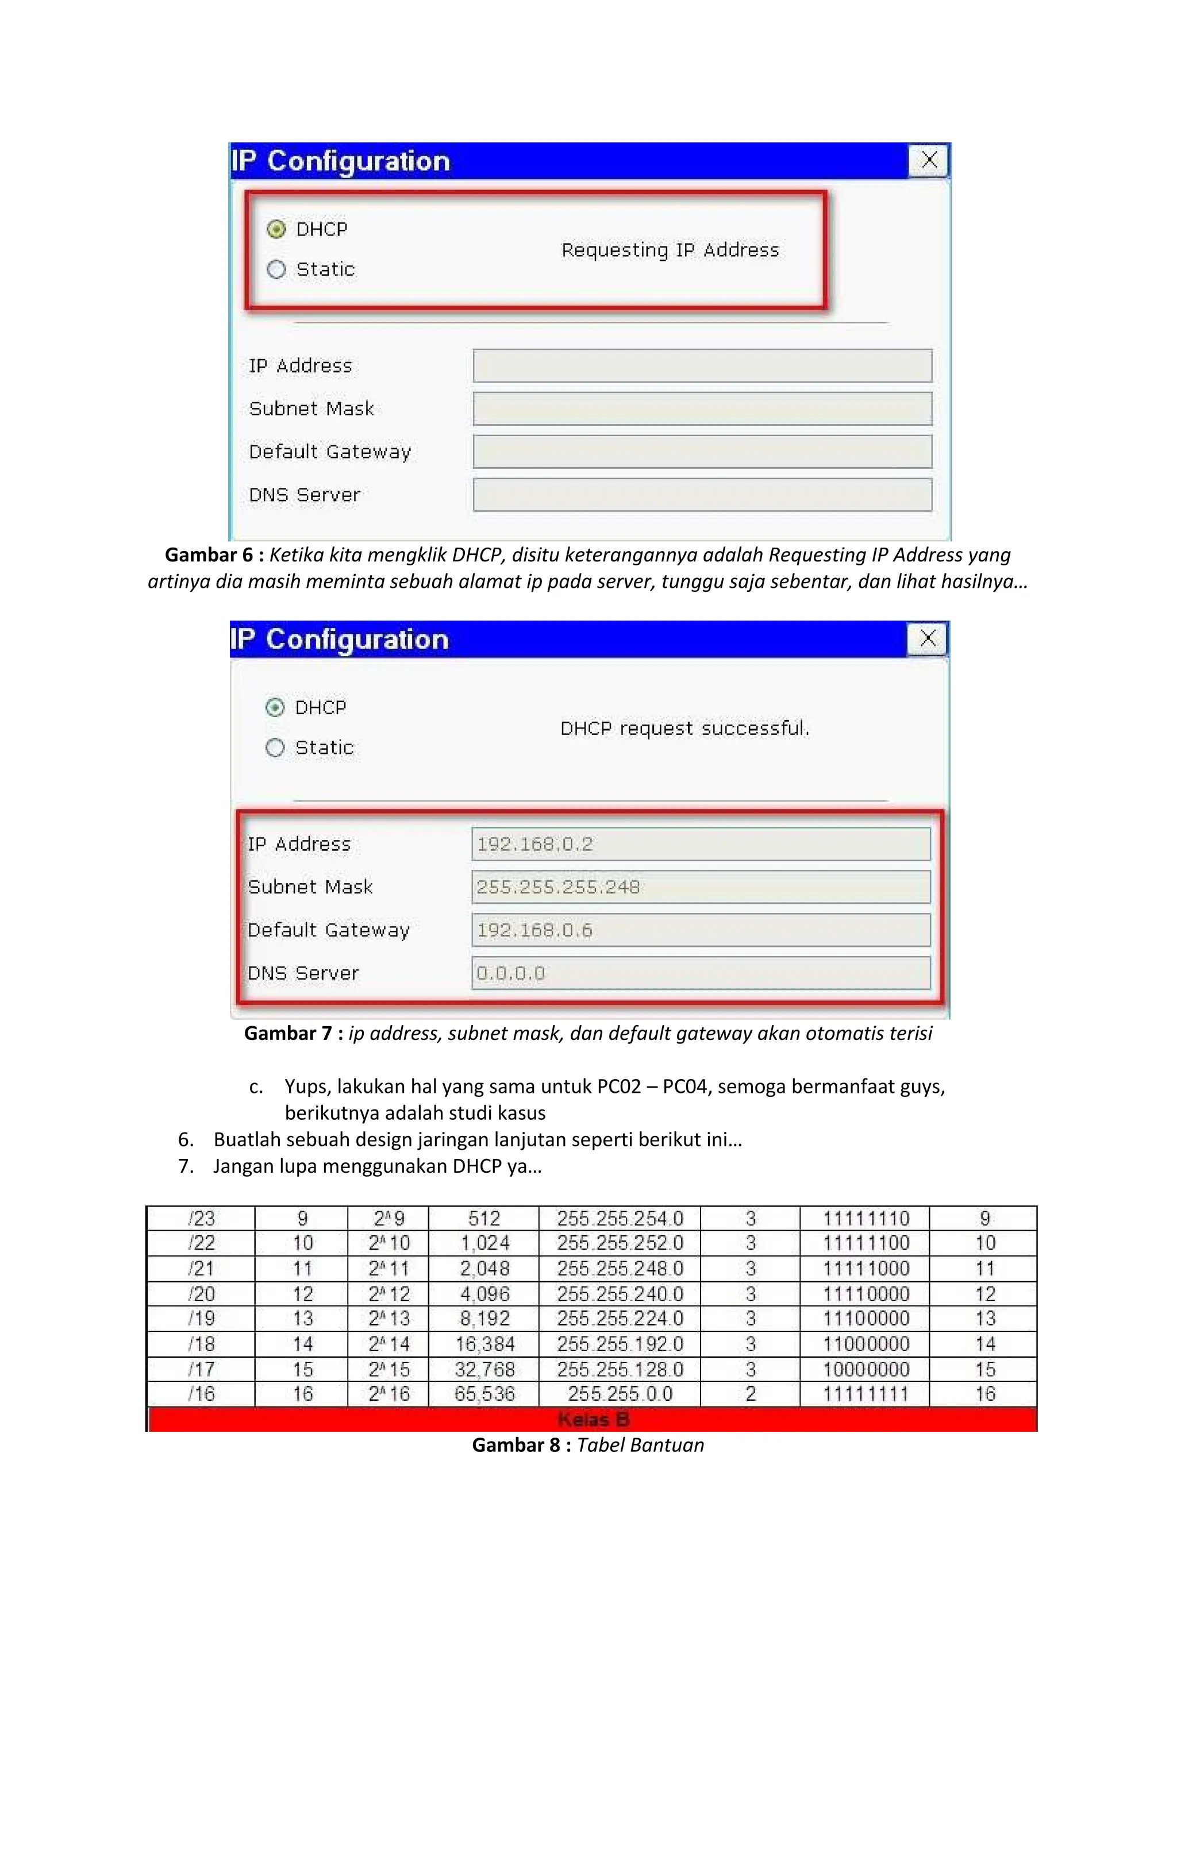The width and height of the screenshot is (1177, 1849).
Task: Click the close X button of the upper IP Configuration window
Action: (x=929, y=160)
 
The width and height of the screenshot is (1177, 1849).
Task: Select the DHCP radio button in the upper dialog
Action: (x=276, y=229)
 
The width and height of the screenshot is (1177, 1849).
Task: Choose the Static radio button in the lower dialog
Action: (x=275, y=747)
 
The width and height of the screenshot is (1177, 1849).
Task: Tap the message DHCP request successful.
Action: (x=684, y=728)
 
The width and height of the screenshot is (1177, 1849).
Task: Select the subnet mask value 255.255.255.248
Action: (x=558, y=887)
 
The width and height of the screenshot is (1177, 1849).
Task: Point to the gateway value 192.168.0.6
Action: (x=534, y=930)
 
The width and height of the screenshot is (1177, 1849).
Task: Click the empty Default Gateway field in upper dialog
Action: (x=702, y=452)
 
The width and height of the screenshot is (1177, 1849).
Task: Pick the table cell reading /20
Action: (x=201, y=1294)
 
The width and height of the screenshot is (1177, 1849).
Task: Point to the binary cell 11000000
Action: (x=866, y=1344)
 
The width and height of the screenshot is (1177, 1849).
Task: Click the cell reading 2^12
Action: (x=389, y=1294)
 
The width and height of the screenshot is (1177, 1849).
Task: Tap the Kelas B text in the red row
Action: (x=593, y=1419)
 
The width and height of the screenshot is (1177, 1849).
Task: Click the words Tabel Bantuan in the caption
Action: (x=640, y=1445)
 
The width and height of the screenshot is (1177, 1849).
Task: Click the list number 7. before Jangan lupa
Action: (x=186, y=1166)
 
